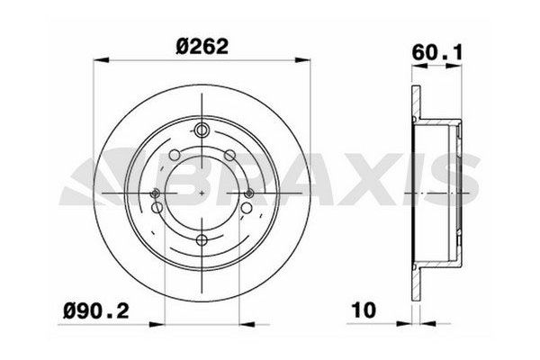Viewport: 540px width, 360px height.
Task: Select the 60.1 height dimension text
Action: (433, 50)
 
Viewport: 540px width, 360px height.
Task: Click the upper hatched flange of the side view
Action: (415, 103)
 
